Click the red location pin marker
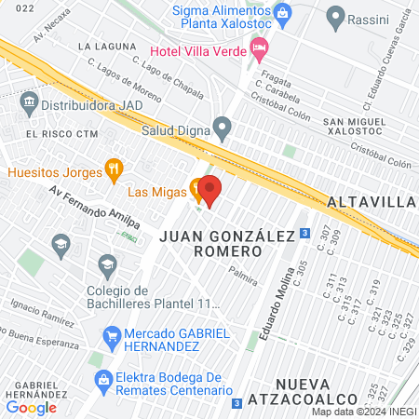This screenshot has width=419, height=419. [209, 190]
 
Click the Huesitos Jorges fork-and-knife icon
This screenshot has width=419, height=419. [115, 169]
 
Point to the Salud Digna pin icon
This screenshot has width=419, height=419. [222, 126]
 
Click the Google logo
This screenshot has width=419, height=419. [31, 407]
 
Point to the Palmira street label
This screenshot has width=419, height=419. [243, 277]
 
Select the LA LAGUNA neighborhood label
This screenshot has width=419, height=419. [103, 45]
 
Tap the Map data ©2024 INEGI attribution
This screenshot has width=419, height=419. [363, 412]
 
